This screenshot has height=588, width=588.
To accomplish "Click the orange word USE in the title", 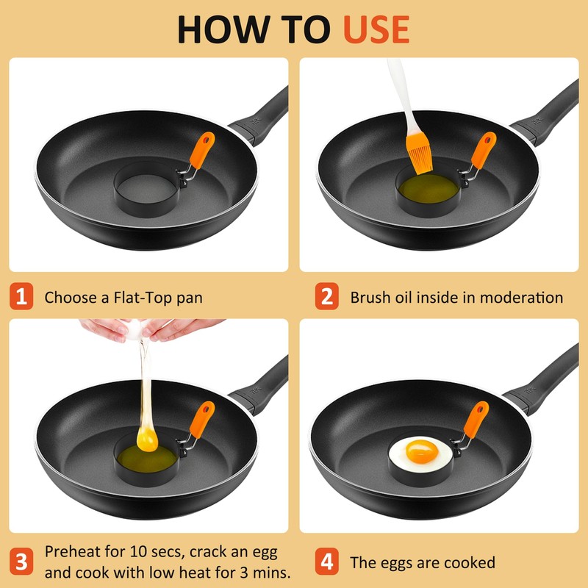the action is click(376, 29).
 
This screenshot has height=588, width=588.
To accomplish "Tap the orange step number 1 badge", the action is click(21, 296).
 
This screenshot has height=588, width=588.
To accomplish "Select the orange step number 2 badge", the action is click(326, 296).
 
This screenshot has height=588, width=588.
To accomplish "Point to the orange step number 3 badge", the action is click(21, 561).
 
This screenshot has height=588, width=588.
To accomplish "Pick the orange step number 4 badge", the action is click(326, 561).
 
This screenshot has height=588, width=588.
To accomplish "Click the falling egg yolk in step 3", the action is click(147, 440).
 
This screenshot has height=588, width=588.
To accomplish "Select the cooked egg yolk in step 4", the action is click(422, 451).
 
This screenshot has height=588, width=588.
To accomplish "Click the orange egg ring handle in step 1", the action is click(202, 150).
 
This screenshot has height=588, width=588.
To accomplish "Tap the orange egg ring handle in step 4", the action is click(476, 419).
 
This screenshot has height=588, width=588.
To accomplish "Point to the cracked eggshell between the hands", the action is click(137, 330).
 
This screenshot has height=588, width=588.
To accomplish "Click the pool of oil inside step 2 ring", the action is click(428, 188).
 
